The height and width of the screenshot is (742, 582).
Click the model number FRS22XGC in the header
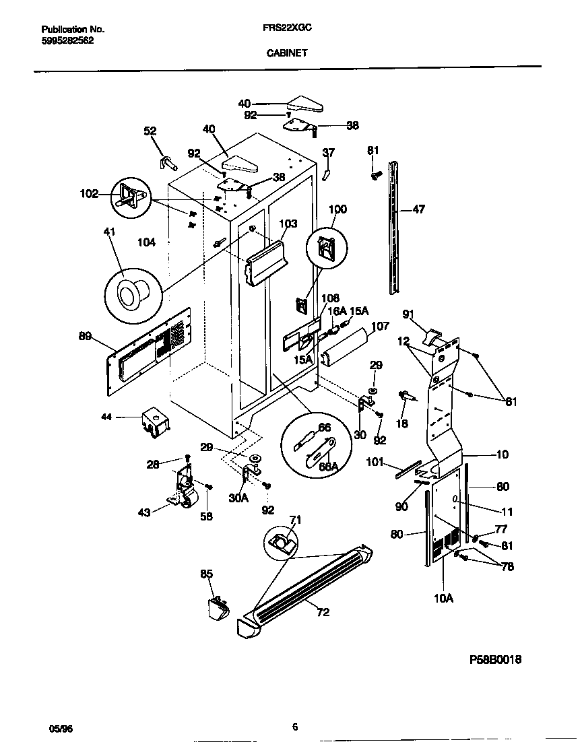tap(287, 30)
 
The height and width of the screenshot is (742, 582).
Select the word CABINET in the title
tap(286, 53)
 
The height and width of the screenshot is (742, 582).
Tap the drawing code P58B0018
tap(495, 660)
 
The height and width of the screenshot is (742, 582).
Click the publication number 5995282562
tap(67, 40)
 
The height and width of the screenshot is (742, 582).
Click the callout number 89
tap(85, 337)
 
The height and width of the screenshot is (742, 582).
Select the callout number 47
tap(418, 210)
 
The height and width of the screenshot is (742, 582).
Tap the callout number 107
tap(380, 326)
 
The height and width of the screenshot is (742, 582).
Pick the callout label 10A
tap(444, 597)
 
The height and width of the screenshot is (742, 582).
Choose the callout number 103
tap(288, 224)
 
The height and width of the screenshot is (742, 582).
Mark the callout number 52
tap(150, 131)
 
